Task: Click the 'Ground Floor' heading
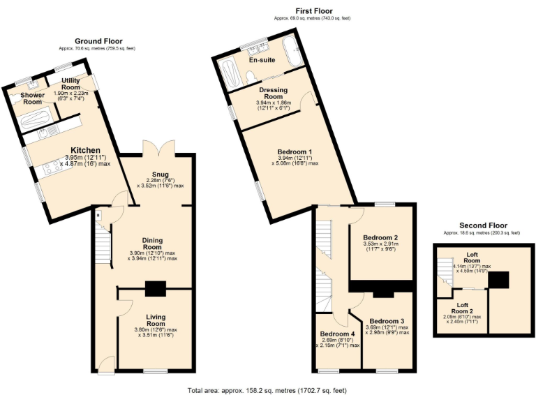click(x=98, y=41)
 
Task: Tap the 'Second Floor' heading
click(x=483, y=225)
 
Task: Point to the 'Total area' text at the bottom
click(x=267, y=390)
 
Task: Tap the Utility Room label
click(x=70, y=84)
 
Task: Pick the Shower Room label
click(x=32, y=98)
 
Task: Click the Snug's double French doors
click(x=154, y=148)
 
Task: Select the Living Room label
click(x=156, y=320)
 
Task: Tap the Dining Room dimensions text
click(x=152, y=255)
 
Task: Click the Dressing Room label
click(x=274, y=94)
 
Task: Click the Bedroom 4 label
click(x=338, y=333)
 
